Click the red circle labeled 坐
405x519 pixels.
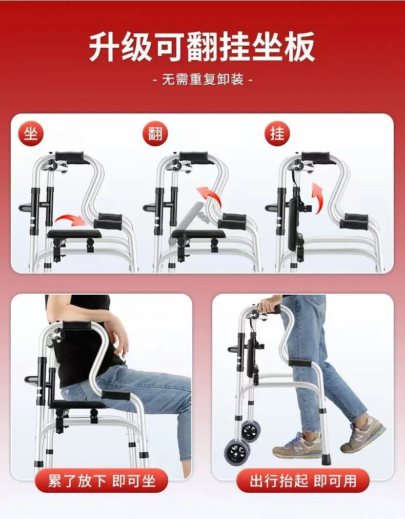tap(31, 133)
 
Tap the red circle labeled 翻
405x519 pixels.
tap(155, 133)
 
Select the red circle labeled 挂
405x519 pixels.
tap(277, 133)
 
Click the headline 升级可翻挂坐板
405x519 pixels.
tap(202, 46)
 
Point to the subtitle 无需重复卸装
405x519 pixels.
tap(202, 80)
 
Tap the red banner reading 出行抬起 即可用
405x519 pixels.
tap(302, 480)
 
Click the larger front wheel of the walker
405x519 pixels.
tap(238, 453)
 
